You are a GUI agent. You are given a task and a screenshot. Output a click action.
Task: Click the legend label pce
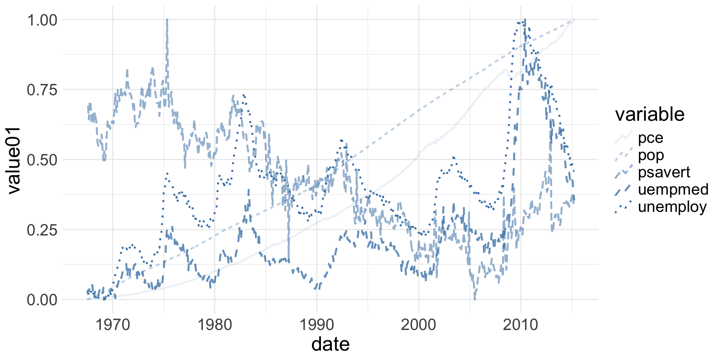point(651,138)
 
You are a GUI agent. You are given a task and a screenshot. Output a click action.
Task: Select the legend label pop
point(651,155)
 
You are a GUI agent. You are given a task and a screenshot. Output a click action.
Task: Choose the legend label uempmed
point(673,190)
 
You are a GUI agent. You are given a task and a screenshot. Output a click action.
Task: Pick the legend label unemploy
point(672,207)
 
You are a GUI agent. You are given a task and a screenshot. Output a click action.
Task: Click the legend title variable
point(650,114)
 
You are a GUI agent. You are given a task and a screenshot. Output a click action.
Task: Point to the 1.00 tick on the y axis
point(42,20)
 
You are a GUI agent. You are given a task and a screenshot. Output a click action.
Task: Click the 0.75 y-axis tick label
point(42,90)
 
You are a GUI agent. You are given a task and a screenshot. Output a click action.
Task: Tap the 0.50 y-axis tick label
point(42,160)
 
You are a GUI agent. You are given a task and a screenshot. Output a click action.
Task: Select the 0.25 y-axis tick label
point(42,230)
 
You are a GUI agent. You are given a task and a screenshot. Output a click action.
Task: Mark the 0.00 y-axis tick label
point(42,300)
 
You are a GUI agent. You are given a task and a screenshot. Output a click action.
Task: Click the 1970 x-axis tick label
point(113,325)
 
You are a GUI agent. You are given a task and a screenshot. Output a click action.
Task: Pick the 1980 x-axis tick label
point(215,325)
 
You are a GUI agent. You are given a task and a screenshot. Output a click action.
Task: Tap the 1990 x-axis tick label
point(317,325)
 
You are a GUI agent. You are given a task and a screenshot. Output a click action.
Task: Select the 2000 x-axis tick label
point(418,325)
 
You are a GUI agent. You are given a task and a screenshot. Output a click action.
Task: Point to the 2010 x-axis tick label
point(520,325)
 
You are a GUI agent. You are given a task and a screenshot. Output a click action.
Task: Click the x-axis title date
point(330,344)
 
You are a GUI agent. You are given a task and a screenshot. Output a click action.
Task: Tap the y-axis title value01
point(14,160)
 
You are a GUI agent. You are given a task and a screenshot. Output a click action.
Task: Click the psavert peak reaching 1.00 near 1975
point(167,20)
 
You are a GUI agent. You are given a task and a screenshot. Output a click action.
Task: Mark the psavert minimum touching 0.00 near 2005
point(475,299)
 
